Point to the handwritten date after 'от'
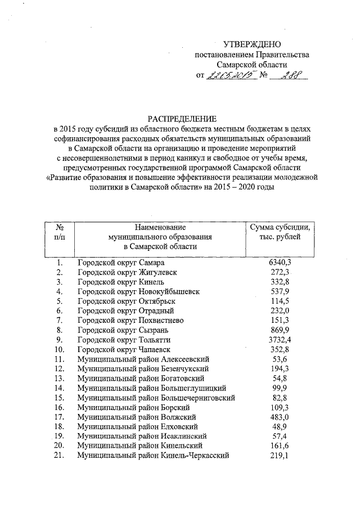(x=231, y=75)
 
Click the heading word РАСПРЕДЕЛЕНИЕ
(x=182, y=119)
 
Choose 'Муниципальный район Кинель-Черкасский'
(x=154, y=456)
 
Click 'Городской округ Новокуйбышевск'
(x=138, y=292)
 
